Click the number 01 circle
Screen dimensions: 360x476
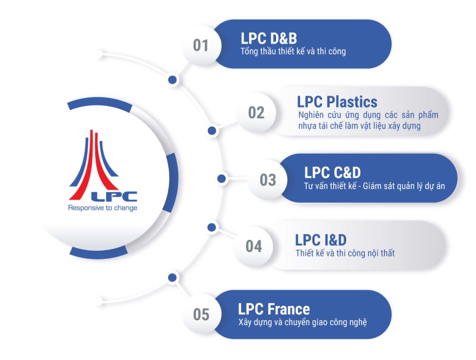tap(201, 45)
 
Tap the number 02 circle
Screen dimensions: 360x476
tap(256, 112)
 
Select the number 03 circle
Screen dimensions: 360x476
tap(268, 179)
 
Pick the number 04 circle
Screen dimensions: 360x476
tap(254, 246)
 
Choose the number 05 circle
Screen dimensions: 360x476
tap(201, 314)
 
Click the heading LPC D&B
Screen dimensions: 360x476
tap(269, 38)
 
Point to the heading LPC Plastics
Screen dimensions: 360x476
tap(337, 102)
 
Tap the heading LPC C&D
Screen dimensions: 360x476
tap(333, 173)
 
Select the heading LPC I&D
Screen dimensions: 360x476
tap(321, 240)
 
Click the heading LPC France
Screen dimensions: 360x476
tap(274, 309)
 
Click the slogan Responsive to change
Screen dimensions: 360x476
tap(103, 208)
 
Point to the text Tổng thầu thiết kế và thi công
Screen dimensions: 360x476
tap(293, 52)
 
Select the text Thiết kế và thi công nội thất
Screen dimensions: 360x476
tap(345, 254)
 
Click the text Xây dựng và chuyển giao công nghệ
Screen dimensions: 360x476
tap(302, 322)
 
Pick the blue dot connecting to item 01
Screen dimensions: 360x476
tap(172, 80)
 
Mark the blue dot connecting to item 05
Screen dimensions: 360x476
tap(171, 277)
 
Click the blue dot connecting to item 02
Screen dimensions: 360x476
tap(212, 130)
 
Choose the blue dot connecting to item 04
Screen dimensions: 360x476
tap(212, 227)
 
